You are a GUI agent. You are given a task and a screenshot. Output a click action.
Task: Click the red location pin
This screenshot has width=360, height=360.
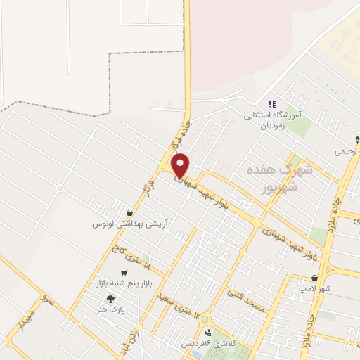pos(181,165)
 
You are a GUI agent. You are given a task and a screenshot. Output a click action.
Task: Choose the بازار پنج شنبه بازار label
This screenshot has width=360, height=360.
pos(124,284)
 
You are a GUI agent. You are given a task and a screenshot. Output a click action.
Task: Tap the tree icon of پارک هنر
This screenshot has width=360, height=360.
pos(110,299)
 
